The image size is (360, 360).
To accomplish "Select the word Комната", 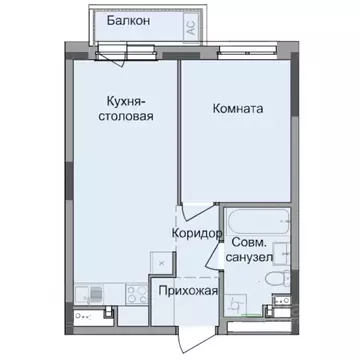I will tap(239, 109).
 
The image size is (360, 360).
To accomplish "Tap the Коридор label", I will tap(196, 233).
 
